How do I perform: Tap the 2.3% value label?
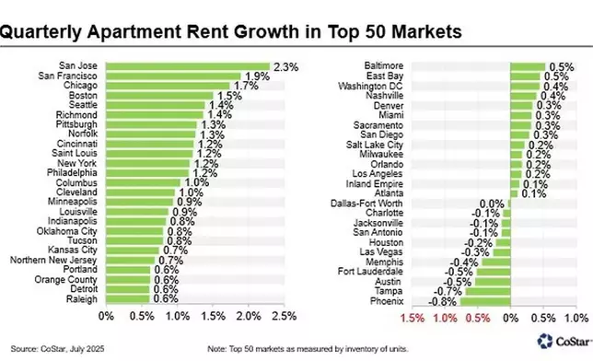click(x=284, y=66)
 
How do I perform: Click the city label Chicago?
click(x=81, y=86)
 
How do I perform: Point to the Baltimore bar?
click(x=529, y=66)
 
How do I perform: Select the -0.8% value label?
click(x=445, y=300)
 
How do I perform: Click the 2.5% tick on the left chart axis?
click(x=284, y=318)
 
